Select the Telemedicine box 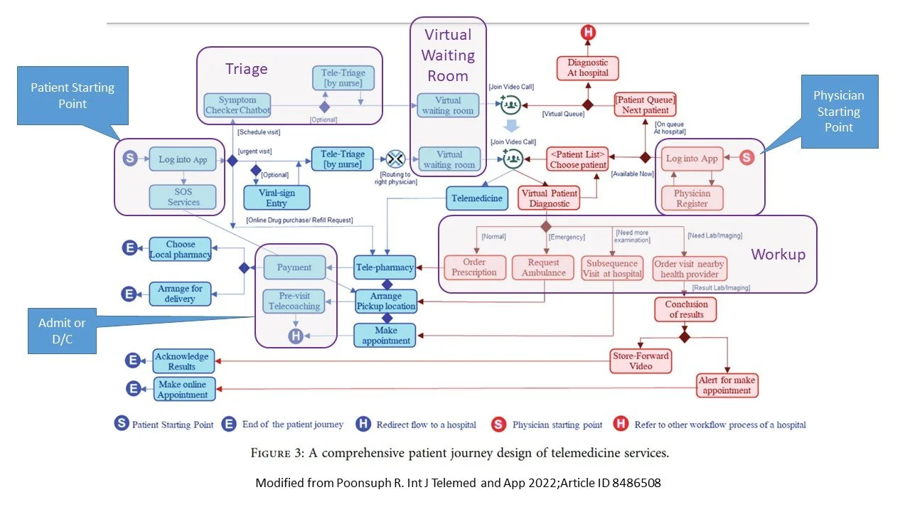click(x=478, y=199)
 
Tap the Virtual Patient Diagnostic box click(x=549, y=198)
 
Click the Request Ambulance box click(x=544, y=268)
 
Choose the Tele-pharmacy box click(x=385, y=267)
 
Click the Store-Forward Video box click(x=641, y=361)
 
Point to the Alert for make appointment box click(x=727, y=385)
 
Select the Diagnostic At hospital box click(x=588, y=68)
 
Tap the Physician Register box click(x=692, y=198)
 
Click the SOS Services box click(x=183, y=197)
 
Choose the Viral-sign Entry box click(x=276, y=198)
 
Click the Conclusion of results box click(x=685, y=309)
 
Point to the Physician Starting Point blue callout click(x=838, y=112)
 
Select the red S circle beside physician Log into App click(x=746, y=158)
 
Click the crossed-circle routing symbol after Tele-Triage click(x=395, y=159)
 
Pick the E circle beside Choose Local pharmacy click(x=129, y=248)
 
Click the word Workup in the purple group click(x=778, y=255)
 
